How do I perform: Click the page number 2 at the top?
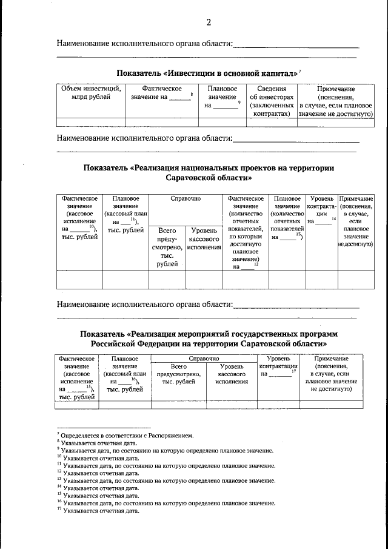[209, 23]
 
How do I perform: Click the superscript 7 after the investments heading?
[299, 71]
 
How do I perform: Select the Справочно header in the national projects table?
[186, 198]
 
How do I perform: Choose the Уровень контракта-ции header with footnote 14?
[321, 210]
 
